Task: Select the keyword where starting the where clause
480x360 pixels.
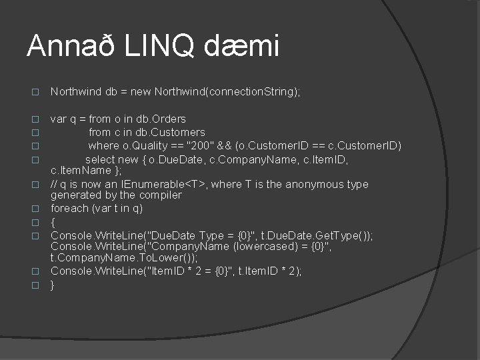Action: point(103,145)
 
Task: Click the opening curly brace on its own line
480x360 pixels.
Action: point(53,221)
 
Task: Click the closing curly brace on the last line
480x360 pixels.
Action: point(53,284)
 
